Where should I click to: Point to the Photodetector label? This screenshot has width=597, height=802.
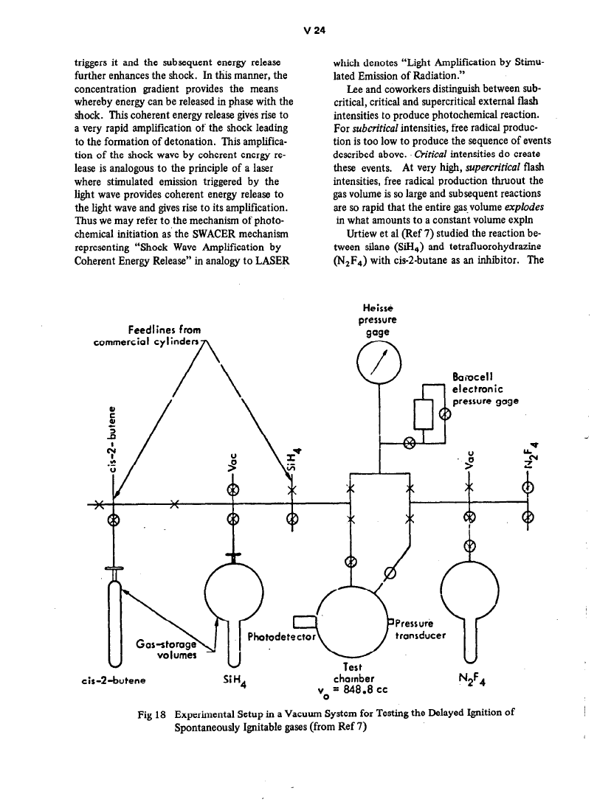pos(282,635)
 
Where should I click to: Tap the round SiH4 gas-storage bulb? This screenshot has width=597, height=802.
pos(233,590)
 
